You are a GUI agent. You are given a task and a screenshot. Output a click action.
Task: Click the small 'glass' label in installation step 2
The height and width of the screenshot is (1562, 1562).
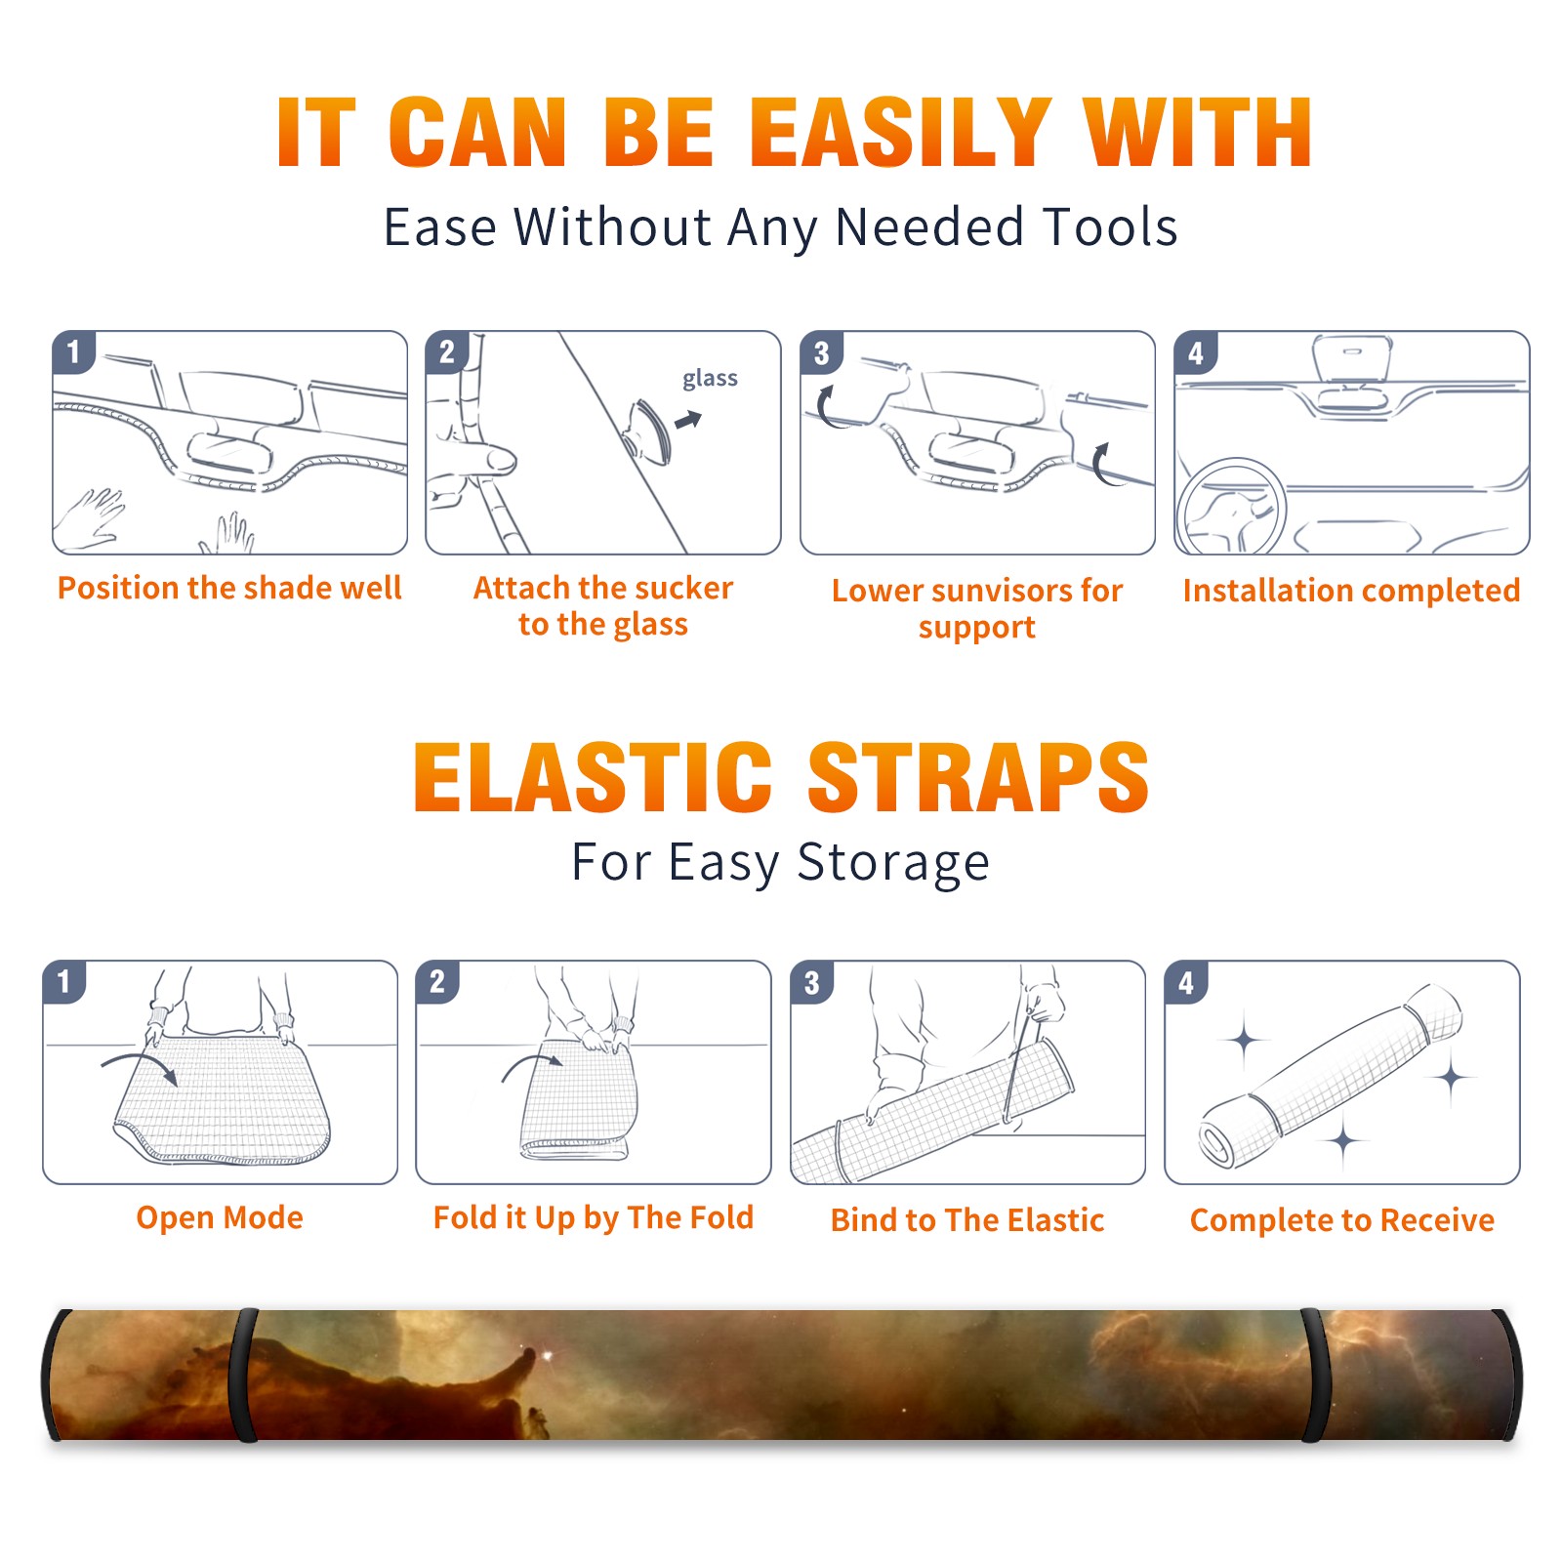pyautogui.click(x=710, y=379)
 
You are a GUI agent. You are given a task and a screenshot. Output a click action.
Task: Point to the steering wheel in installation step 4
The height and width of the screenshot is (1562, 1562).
pyautogui.click(x=1230, y=506)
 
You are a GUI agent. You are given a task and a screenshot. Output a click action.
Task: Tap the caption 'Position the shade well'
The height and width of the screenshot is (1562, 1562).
pyautogui.click(x=229, y=588)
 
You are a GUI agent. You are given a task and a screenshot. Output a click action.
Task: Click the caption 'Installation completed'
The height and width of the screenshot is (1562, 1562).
pyautogui.click(x=1351, y=591)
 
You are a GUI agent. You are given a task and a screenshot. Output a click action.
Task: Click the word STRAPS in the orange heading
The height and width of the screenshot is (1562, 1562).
pyautogui.click(x=978, y=777)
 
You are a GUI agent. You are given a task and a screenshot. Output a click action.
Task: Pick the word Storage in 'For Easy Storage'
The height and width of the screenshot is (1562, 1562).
pyautogui.click(x=893, y=863)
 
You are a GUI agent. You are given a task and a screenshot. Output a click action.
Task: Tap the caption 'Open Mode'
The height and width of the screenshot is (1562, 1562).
pyautogui.click(x=220, y=1217)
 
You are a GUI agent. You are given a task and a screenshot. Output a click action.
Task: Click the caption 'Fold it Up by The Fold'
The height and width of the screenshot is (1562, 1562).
pyautogui.click(x=594, y=1218)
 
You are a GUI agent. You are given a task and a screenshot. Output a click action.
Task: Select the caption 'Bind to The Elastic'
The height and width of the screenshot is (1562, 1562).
pyautogui.click(x=967, y=1220)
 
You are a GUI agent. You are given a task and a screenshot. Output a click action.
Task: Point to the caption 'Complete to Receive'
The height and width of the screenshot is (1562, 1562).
pyautogui.click(x=1342, y=1220)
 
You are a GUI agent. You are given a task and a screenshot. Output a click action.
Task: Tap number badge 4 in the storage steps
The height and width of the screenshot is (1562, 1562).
pyautogui.click(x=1186, y=982)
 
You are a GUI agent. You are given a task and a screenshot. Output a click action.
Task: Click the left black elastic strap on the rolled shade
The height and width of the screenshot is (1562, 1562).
pyautogui.click(x=242, y=1375)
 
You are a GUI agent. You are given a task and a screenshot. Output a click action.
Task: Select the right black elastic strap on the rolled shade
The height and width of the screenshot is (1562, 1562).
pyautogui.click(x=1314, y=1375)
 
